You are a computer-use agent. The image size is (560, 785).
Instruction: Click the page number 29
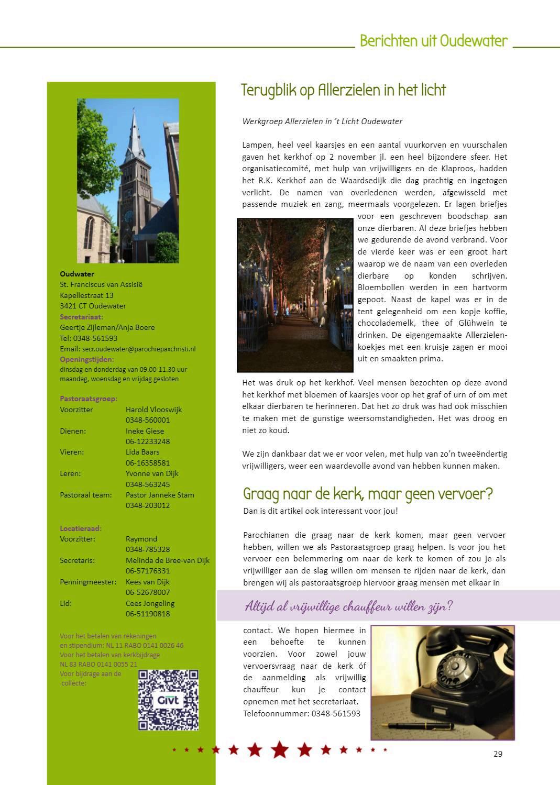[498, 754]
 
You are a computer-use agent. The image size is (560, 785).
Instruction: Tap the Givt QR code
[168, 700]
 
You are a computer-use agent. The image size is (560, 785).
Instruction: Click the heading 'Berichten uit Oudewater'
[433, 41]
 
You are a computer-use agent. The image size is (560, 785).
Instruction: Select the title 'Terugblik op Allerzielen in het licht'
[343, 90]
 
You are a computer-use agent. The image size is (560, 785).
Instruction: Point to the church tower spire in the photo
[134, 131]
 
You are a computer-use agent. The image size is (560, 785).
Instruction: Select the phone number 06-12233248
[148, 441]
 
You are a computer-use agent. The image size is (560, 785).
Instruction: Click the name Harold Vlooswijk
[153, 410]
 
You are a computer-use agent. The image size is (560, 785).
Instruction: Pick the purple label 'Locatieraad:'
[81, 528]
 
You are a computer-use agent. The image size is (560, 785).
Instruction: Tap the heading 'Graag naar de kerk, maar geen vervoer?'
[368, 494]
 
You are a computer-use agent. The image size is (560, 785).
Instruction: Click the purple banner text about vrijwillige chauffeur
[349, 606]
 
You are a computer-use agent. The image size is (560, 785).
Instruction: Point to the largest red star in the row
[280, 750]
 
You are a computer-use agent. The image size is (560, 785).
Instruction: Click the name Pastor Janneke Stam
[160, 495]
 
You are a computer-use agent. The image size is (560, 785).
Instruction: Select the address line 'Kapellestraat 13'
[86, 295]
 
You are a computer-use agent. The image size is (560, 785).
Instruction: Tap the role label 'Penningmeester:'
[88, 582]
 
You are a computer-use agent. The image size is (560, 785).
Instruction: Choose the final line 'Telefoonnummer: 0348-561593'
[301, 713]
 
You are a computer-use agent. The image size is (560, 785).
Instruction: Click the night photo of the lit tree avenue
[295, 295]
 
